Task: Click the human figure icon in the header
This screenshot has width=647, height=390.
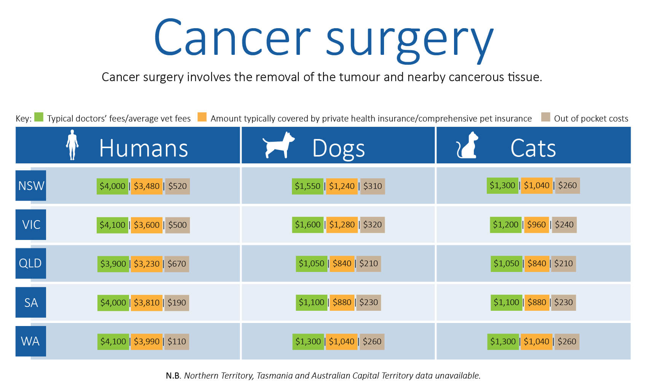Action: pos(72,145)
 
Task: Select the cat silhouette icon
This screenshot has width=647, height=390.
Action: pos(467,145)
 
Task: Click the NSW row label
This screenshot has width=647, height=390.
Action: pos(31,185)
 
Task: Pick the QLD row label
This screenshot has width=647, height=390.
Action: pos(31,264)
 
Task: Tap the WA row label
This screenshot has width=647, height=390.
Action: pos(31,341)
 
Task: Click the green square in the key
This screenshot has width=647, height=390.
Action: pos(39,117)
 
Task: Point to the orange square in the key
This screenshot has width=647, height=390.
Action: pos(202,117)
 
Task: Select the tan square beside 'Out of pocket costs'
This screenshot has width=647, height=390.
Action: pos(546,117)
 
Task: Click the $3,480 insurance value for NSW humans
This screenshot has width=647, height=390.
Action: pos(147,186)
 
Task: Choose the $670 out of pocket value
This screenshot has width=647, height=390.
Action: pos(177,264)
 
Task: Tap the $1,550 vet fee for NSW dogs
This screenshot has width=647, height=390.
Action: pos(308,186)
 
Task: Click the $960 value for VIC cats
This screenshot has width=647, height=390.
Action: pos(537,225)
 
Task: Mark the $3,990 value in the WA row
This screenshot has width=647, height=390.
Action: pos(147,342)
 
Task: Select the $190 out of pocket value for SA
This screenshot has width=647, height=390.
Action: pos(177,303)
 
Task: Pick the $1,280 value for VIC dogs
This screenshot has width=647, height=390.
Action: pos(342,225)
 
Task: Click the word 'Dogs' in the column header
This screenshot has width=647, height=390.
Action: pos(338,149)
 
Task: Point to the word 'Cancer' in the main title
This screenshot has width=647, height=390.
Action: pos(232,38)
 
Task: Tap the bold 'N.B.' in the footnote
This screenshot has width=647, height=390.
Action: pos(173,376)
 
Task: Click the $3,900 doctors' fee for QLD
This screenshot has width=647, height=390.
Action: pos(113,264)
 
